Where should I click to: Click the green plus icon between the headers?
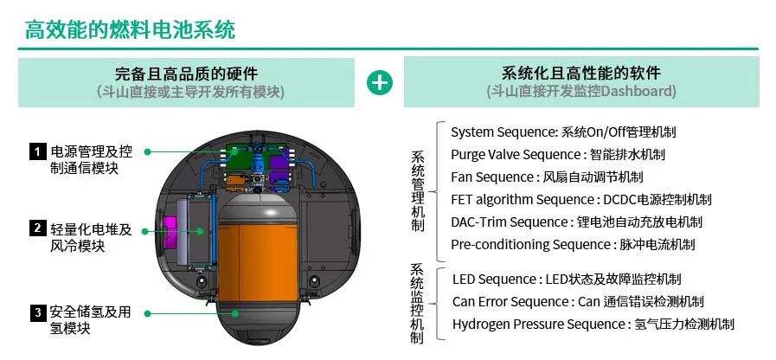tap(380, 83)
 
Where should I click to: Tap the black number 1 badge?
tap(37, 151)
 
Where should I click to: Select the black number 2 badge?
tap(37, 228)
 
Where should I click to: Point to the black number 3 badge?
tap(37, 313)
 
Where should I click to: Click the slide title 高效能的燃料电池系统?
tap(130, 29)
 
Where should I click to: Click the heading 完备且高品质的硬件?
tap(186, 74)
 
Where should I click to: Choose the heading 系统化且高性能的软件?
tap(581, 74)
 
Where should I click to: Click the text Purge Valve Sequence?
tap(515, 155)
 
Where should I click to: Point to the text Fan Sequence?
tap(492, 177)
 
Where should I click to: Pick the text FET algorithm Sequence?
tap(523, 200)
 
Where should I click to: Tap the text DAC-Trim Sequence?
tap(509, 222)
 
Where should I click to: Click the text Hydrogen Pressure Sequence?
tap(538, 325)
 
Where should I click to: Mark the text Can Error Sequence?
tap(510, 301)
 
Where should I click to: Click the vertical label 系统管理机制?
tap(418, 191)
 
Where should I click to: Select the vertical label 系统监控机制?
tap(417, 303)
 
